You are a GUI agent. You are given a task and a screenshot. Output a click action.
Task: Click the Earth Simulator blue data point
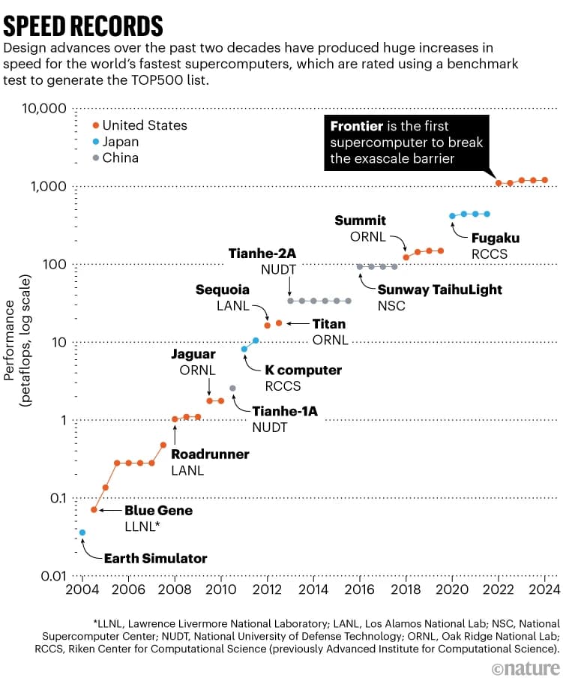coord(82,532)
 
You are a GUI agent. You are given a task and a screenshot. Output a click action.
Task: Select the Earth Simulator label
coord(155,558)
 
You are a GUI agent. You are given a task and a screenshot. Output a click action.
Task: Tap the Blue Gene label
coord(158,511)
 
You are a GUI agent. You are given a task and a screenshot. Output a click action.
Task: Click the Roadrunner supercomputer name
coord(210,454)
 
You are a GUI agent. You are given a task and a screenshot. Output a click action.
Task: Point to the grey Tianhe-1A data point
coord(232,388)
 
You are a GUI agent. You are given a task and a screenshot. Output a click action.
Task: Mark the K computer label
coord(303,370)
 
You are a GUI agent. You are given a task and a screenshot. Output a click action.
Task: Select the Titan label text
coord(329,324)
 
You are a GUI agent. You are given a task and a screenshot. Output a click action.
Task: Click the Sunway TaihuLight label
coord(439,289)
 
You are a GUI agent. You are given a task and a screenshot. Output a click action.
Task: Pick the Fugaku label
coord(495,238)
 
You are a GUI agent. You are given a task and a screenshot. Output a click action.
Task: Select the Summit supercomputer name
coord(360,220)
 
